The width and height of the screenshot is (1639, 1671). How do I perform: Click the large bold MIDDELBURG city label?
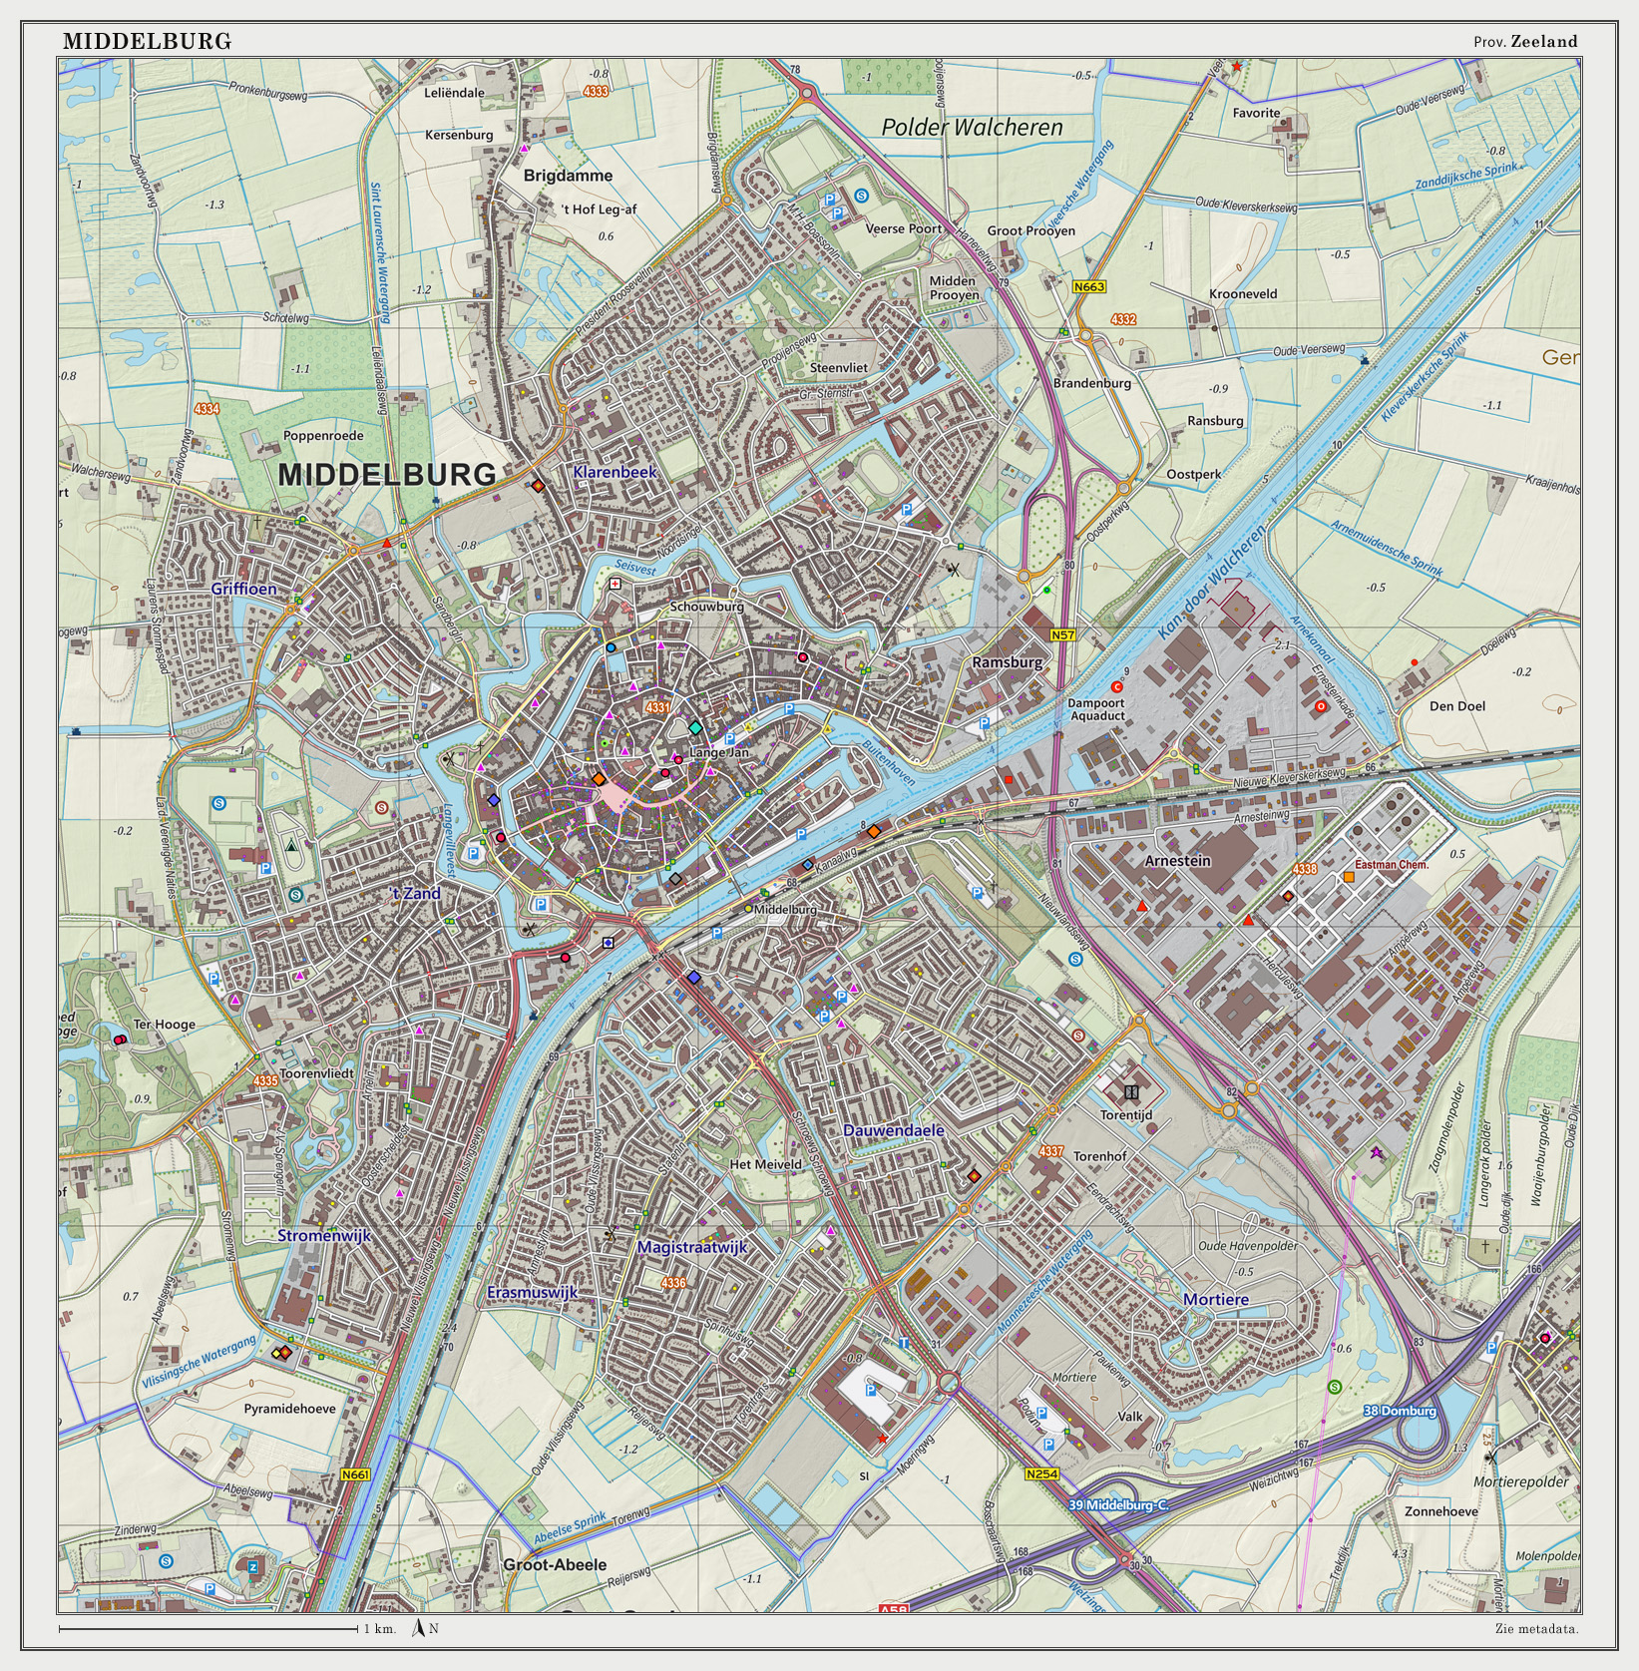386,475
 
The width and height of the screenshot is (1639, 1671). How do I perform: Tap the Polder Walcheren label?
972,128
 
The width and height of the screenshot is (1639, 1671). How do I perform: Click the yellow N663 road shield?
1089,287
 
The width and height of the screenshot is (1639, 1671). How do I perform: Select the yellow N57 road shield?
1062,634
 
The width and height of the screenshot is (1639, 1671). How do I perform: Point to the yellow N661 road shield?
354,1474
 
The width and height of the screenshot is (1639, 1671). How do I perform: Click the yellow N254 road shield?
1041,1473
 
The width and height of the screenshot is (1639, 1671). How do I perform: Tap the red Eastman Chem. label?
1392,865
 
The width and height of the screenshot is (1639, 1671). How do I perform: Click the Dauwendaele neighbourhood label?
893,1130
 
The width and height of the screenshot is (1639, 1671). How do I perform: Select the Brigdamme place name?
568,176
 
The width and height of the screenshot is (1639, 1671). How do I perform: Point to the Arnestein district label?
1177,860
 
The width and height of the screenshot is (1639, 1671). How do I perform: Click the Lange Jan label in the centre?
718,753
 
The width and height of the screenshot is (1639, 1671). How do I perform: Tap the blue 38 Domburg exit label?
1400,1411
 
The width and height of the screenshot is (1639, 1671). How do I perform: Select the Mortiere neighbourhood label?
1215,1299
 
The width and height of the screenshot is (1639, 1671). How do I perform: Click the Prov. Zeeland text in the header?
1525,42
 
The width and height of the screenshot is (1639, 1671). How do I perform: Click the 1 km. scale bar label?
379,1629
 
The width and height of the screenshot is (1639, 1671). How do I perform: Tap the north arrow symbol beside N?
419,1628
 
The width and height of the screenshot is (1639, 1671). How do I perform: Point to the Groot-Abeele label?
555,1564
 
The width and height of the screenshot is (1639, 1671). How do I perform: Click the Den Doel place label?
1456,706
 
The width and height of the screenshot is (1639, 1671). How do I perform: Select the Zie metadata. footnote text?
1536,1629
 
